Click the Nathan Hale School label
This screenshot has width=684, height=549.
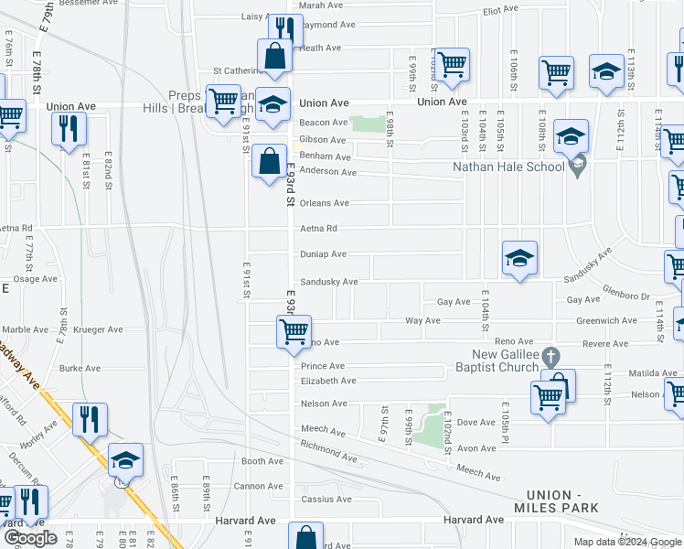click(509, 167)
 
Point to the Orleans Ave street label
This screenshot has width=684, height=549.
click(324, 203)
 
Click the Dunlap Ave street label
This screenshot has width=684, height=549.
click(324, 254)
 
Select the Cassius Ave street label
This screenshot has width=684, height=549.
click(326, 500)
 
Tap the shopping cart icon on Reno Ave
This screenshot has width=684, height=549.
click(294, 330)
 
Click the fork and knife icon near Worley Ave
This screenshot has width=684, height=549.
click(90, 418)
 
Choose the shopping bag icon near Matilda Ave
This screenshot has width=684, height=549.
click(559, 384)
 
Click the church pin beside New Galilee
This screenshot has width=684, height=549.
click(549, 355)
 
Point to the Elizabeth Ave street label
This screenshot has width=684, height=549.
click(327, 381)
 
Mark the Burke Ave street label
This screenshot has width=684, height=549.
click(80, 369)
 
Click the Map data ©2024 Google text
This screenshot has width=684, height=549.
click(626, 542)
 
